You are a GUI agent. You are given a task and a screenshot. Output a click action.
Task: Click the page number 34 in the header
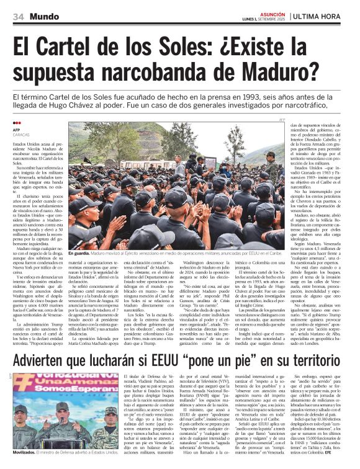[x=18, y=16]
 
